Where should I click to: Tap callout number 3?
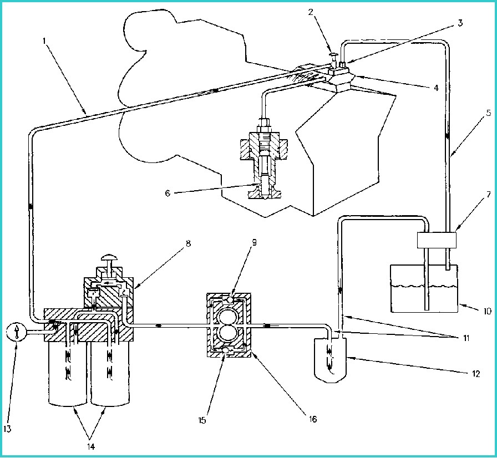click(460, 23)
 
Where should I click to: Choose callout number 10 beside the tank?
click(486, 312)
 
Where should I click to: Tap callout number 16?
click(313, 420)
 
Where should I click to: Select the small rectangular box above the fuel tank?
click(435, 240)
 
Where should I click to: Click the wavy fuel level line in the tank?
click(424, 287)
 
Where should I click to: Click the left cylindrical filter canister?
click(68, 377)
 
